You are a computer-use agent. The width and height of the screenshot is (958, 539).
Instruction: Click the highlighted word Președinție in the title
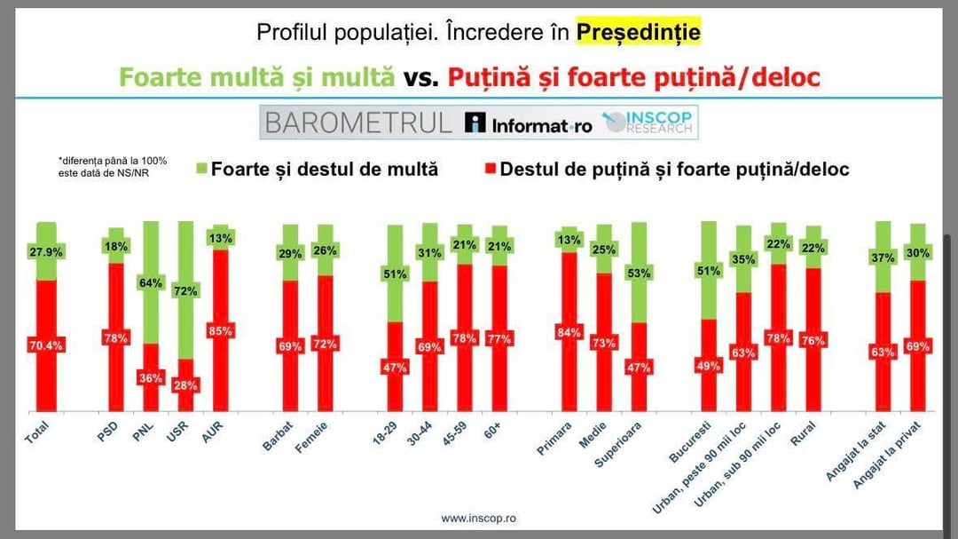(639, 33)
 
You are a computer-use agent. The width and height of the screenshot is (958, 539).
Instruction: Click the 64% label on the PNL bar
(152, 283)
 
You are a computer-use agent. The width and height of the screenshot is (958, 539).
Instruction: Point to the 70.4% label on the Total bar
(47, 345)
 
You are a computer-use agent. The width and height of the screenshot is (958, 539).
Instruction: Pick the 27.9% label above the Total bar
(47, 252)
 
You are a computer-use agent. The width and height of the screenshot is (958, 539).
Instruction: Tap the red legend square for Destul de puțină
(489, 169)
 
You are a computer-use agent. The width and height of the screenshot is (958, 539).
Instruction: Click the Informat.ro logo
(530, 123)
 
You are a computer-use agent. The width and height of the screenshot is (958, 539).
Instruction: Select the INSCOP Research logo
(649, 123)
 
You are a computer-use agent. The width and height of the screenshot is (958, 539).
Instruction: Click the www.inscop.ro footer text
(478, 518)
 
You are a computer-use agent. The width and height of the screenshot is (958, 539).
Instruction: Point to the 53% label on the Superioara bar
(639, 273)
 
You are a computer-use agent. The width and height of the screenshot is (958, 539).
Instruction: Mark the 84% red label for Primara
(569, 333)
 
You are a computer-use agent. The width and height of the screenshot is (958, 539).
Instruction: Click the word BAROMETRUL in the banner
(358, 123)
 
